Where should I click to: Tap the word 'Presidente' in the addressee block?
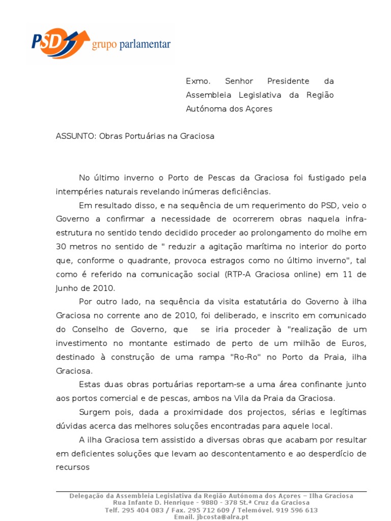pos(288,81)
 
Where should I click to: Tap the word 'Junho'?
pos(68,287)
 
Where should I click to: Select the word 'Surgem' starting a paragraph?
pos(95,411)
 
